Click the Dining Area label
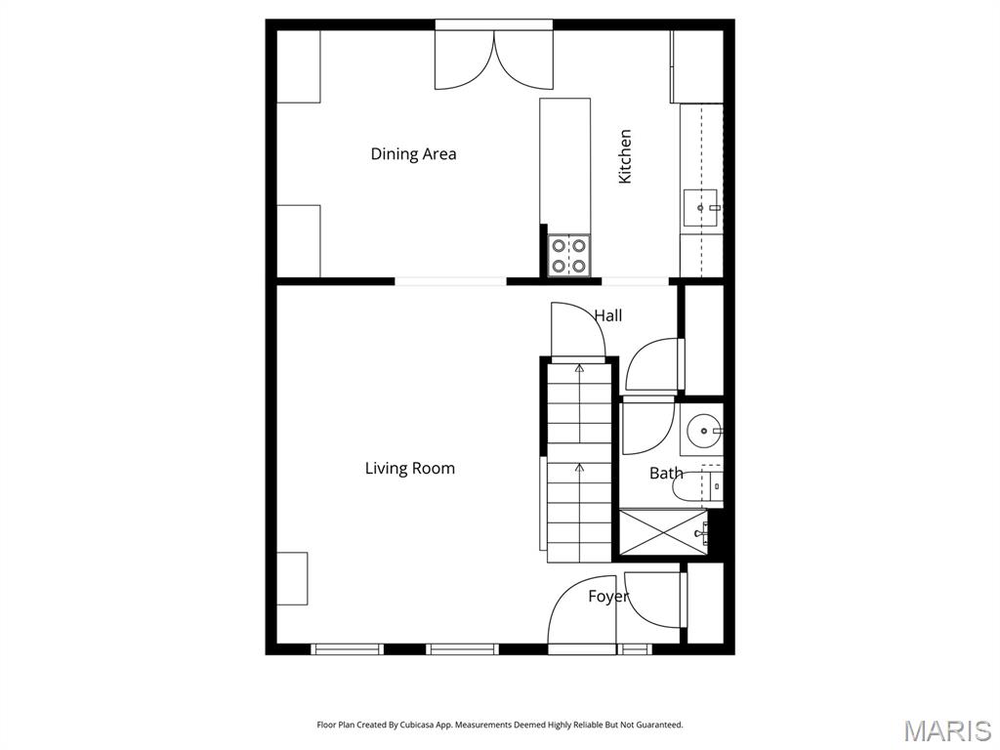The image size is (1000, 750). pos(413,154)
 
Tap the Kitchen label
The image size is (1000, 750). pos(625,156)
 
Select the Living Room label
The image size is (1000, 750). pos(410,469)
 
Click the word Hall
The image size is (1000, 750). pos(607,315)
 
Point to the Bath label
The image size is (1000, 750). pos(666,474)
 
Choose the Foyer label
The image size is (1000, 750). pos(607,597)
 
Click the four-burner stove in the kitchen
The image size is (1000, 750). pos(568,255)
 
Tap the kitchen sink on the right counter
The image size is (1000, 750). pos(701,207)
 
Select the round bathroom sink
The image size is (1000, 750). pos(702,429)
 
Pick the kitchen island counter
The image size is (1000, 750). pos(564,161)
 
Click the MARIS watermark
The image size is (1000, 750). pos(946,730)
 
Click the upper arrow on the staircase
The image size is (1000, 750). pos(580,369)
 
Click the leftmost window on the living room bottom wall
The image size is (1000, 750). pos(347,648)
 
